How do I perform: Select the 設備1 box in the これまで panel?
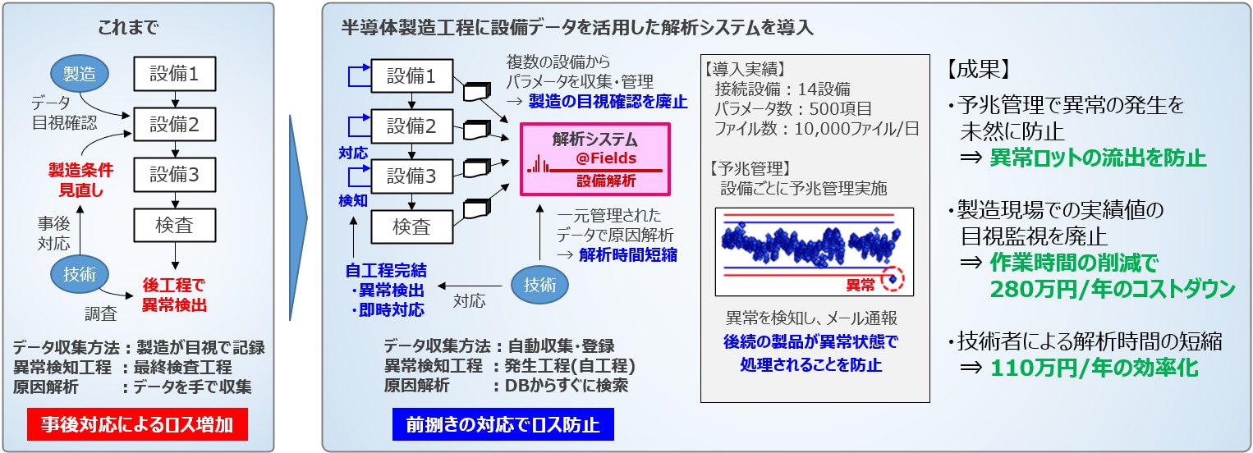174,74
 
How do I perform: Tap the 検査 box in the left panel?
174,226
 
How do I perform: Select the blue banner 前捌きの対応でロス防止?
503,425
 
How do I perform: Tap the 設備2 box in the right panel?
411,127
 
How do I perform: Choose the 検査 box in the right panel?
411,226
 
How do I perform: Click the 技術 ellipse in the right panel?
539,285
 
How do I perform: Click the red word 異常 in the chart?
861,285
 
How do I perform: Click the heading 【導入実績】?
746,69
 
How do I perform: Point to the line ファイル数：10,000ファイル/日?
816,129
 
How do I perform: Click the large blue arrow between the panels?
298,217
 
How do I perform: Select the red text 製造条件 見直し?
80,179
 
